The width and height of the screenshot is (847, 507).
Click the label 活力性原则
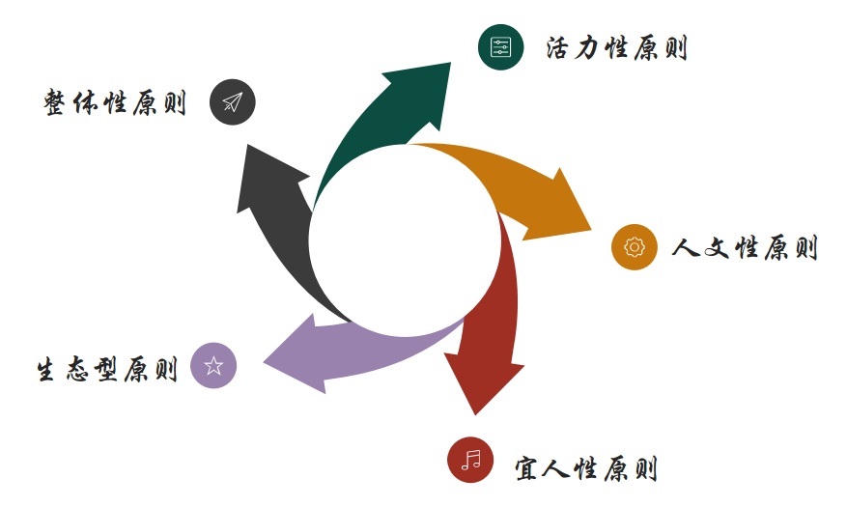click(x=616, y=48)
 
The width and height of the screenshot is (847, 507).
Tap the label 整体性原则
click(x=115, y=102)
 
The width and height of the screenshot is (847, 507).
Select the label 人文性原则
click(x=745, y=248)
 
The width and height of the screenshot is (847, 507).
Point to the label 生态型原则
click(x=107, y=370)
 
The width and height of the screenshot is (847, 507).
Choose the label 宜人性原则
click(x=586, y=470)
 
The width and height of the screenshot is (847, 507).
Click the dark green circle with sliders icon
click(x=500, y=47)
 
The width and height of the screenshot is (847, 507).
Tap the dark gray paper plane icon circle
click(x=232, y=101)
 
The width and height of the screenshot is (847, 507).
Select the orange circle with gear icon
click(x=634, y=247)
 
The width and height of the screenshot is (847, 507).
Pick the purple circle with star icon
click(x=213, y=365)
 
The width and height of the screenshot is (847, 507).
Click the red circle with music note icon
click(x=470, y=459)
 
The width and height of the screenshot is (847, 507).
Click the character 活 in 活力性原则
click(x=558, y=48)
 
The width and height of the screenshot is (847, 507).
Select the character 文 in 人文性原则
click(x=716, y=248)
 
